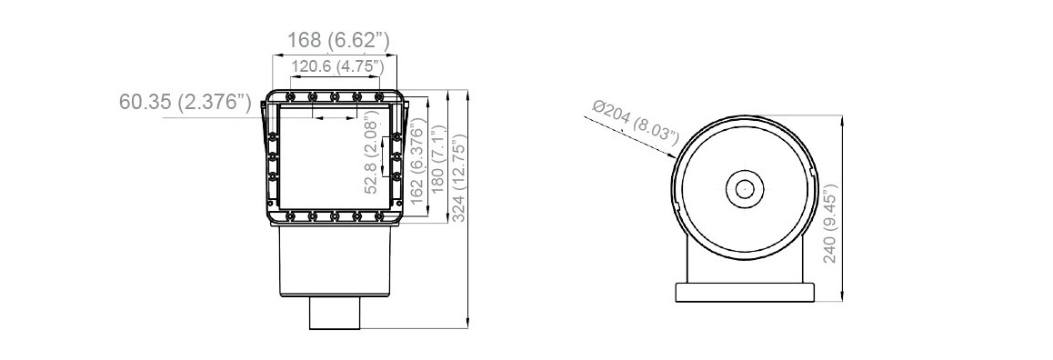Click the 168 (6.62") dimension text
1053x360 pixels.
(x=338, y=40)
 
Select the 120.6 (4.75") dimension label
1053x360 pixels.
(x=336, y=66)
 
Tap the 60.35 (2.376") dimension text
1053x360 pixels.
(x=186, y=101)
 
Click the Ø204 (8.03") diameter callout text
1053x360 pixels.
(x=636, y=121)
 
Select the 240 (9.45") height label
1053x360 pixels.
(x=829, y=224)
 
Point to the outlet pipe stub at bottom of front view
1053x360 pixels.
(x=336, y=315)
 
